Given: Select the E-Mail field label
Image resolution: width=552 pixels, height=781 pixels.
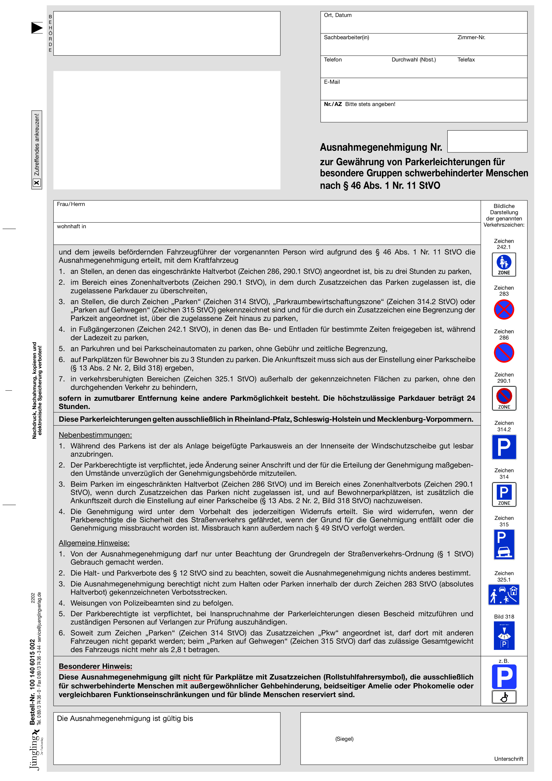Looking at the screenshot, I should coord(332,82).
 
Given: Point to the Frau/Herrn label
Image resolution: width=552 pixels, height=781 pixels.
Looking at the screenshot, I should coord(71,204).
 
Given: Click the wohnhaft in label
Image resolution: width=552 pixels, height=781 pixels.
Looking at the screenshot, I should coord(71,227).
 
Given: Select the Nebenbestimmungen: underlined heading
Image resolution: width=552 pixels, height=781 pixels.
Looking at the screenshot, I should coord(95,435).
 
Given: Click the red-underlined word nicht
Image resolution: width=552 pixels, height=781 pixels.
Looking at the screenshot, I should coord(192,677).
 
